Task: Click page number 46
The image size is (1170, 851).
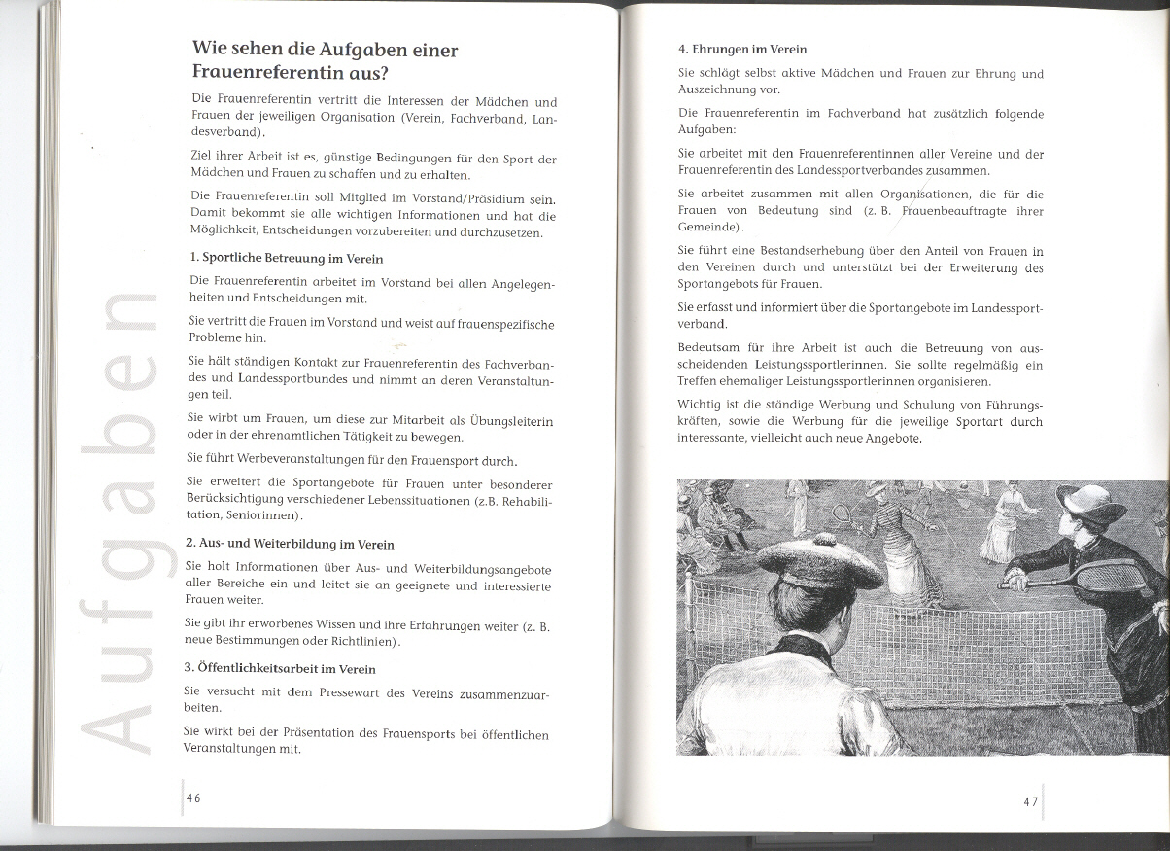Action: click(x=193, y=798)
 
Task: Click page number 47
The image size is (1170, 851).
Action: click(x=1031, y=801)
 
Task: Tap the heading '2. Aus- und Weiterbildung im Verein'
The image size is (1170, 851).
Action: click(x=289, y=544)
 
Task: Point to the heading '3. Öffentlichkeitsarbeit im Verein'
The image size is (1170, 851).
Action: click(x=280, y=669)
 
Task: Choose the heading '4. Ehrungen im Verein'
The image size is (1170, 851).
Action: click(x=742, y=49)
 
